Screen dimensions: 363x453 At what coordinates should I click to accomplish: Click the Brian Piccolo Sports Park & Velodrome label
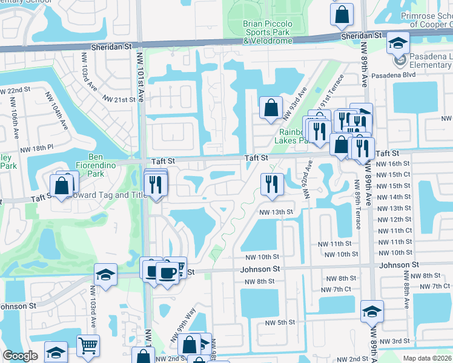[x=268, y=32]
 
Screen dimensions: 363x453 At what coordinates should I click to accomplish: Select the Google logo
[x=20, y=356]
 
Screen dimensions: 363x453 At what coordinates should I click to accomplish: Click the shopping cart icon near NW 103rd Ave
[x=88, y=346]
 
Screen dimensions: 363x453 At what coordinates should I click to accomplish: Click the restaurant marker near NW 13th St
[x=271, y=184]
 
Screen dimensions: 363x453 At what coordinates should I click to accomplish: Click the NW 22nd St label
[x=15, y=90]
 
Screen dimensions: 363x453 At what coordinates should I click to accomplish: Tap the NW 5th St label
[x=282, y=322]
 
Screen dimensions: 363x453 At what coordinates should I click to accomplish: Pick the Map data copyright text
[x=428, y=358]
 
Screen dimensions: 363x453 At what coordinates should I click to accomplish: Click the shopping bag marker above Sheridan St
[x=342, y=13]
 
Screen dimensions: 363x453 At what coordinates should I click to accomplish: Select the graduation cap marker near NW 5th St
[x=372, y=313]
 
